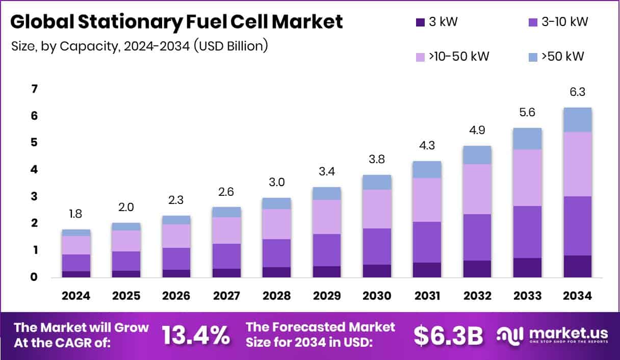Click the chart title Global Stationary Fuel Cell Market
point(176,22)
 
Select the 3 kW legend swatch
point(420,22)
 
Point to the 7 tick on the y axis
point(34,89)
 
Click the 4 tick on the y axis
point(34,170)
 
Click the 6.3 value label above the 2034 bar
point(577,92)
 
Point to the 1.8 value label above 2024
point(76,214)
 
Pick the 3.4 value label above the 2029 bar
point(326,171)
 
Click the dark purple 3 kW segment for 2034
point(577,266)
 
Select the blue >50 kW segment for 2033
point(527,139)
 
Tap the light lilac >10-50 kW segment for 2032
point(477,189)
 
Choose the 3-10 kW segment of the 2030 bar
point(376,246)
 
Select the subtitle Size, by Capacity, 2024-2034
point(139,46)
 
